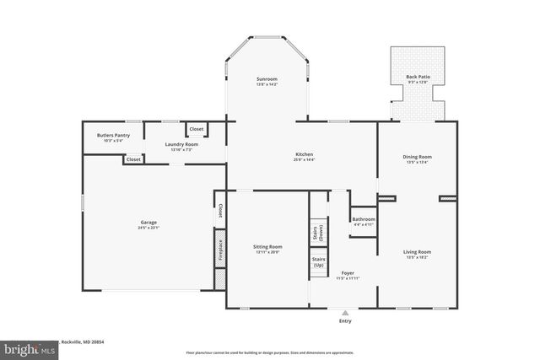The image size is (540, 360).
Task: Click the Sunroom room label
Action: (267, 81)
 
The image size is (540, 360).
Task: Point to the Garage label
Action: (125, 224)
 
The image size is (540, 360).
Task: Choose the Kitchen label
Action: (304, 157)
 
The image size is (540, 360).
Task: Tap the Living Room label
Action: (417, 253)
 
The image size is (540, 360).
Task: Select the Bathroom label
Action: (364, 221)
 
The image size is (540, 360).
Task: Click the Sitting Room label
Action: (267, 249)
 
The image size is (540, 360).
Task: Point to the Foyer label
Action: (347, 275)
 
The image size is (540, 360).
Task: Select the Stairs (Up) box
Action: (319, 262)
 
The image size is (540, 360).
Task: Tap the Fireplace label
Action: (219, 250)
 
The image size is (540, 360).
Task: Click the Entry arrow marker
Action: (344, 312)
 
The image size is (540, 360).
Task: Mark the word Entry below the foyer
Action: (344, 320)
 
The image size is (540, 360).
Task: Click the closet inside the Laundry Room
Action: (196, 129)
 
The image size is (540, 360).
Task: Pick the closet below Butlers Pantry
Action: (133, 159)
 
